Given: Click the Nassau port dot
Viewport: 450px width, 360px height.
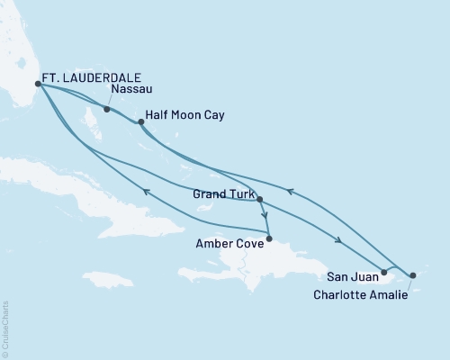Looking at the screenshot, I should click(107, 110).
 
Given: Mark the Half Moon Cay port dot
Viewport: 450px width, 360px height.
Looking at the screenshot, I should click(140, 121).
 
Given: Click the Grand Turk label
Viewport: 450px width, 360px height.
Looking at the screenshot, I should click(222, 193).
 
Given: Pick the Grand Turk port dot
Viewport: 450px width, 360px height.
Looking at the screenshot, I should click(259, 199).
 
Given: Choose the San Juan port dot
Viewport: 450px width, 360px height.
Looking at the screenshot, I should click(384, 272).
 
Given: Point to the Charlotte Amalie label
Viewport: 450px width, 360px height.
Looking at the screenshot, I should click(358, 292).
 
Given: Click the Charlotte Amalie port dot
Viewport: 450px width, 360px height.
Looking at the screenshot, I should click(413, 274).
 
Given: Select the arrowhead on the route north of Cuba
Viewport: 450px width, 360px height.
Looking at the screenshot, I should click(146, 190).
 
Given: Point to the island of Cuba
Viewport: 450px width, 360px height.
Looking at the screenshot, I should click(117, 207).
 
